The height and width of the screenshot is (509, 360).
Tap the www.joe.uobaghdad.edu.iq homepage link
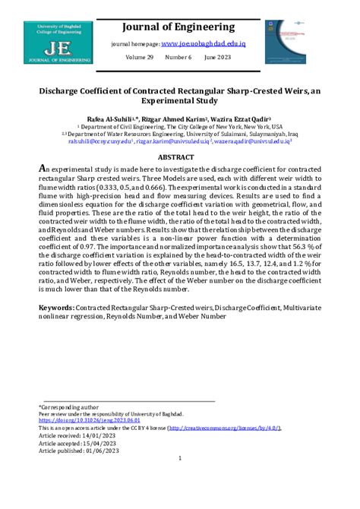(203, 44)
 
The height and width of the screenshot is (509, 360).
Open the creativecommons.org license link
(229, 428)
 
